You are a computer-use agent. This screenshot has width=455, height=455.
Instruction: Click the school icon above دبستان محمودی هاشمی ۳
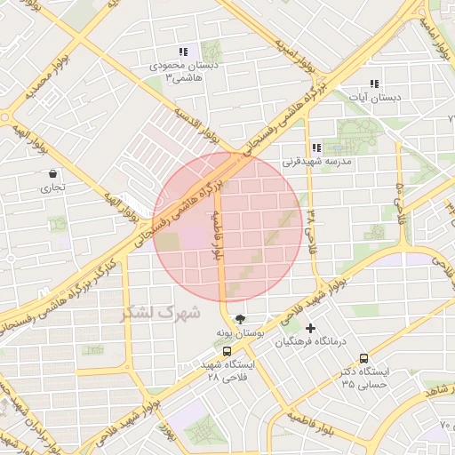[x=183, y=52]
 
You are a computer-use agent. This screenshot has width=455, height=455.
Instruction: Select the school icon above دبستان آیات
[x=374, y=84]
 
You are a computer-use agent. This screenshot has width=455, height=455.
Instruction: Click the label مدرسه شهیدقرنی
[x=317, y=163]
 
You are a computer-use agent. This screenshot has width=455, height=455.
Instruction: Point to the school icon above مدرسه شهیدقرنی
[x=316, y=148]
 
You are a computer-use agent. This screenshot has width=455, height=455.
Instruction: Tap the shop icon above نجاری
[x=53, y=174]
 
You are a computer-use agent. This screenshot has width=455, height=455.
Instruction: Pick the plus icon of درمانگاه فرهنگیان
[x=310, y=329]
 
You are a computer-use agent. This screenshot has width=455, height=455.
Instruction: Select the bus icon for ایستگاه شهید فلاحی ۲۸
[x=227, y=351]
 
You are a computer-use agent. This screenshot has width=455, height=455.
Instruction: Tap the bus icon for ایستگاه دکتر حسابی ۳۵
[x=363, y=358]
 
